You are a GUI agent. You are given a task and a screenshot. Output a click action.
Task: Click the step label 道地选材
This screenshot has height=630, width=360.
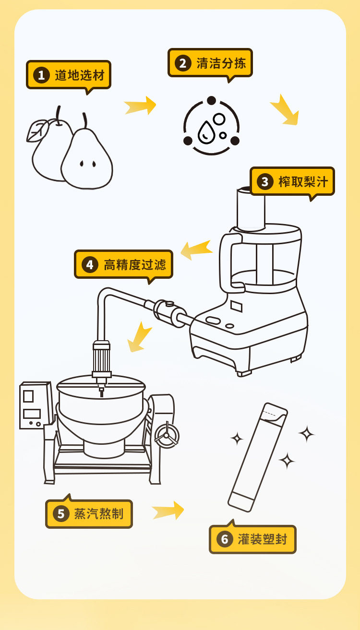point(79,75)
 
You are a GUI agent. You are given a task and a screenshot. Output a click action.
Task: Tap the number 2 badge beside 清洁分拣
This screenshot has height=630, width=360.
point(182,63)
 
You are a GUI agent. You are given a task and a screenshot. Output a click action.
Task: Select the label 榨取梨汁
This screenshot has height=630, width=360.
point(302,181)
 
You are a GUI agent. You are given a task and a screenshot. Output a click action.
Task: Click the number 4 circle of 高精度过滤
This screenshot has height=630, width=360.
point(90,264)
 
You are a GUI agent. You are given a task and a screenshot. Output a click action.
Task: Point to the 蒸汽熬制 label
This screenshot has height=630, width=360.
point(98,514)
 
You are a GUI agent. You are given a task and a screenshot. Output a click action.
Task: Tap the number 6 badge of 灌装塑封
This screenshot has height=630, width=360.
point(224,539)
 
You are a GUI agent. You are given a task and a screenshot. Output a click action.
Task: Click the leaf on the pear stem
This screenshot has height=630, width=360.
point(37,131)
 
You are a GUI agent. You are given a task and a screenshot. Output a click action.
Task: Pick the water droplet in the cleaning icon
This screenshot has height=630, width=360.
point(206,132)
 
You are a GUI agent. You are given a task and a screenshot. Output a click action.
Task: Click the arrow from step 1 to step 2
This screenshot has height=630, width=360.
point(140,106)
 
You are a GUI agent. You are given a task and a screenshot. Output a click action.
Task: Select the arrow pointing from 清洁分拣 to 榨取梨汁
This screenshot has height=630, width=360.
point(285,110)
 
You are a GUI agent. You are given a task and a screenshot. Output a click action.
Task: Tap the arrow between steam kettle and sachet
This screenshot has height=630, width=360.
point(168,511)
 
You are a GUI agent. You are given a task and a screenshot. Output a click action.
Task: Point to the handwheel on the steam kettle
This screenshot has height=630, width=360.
point(167,436)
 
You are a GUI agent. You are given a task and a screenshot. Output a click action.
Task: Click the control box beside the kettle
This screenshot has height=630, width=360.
point(34,405)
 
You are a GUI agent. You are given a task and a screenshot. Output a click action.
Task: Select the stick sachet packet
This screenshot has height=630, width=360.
point(257,457)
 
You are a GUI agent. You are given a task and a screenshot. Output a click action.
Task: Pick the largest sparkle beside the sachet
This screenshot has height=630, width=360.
point(306,434)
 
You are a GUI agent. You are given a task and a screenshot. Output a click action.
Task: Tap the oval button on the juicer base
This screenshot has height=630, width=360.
point(213,320)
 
